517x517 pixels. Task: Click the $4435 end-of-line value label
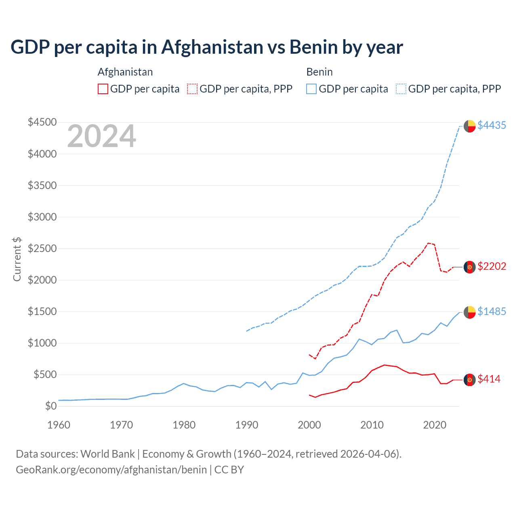pos(492,126)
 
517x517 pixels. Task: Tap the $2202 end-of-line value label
pos(492,267)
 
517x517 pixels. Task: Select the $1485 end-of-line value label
pos(492,312)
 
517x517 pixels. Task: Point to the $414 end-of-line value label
pos(489,379)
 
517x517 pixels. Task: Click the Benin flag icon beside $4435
pos(469,126)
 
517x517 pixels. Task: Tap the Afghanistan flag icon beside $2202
pos(469,267)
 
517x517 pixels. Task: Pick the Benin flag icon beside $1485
pos(469,312)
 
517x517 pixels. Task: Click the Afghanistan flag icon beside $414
pos(469,380)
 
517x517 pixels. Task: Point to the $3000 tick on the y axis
pos(42,217)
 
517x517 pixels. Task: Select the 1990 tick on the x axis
pos(247,425)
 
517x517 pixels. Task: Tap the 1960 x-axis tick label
pos(59,425)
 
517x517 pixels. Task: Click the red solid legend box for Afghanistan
pos(103,89)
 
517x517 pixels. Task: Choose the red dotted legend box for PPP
pos(192,89)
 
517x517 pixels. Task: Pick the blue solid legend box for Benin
pos(311,89)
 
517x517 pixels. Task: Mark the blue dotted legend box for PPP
pos(401,89)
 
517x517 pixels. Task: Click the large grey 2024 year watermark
pos(101,137)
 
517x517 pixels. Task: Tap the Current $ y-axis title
pos(17,259)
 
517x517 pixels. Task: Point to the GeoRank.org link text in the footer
pos(111,470)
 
